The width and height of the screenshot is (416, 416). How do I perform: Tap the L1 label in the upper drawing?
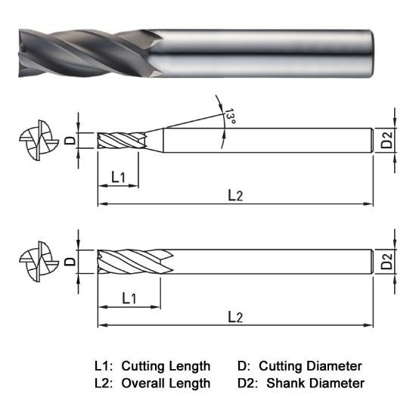(120, 177)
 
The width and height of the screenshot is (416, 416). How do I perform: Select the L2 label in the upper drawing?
(235, 195)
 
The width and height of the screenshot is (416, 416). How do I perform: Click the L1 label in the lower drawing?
(129, 297)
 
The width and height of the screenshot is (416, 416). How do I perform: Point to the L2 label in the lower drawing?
(235, 315)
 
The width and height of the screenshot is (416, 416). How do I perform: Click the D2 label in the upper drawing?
(387, 141)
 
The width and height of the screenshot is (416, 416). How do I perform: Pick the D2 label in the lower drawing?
(387, 262)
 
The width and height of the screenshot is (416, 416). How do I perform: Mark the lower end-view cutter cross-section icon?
(38, 262)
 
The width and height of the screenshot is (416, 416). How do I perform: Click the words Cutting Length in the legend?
(166, 365)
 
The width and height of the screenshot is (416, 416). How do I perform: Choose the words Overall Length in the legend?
(166, 383)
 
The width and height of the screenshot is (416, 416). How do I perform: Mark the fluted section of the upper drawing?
(121, 141)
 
